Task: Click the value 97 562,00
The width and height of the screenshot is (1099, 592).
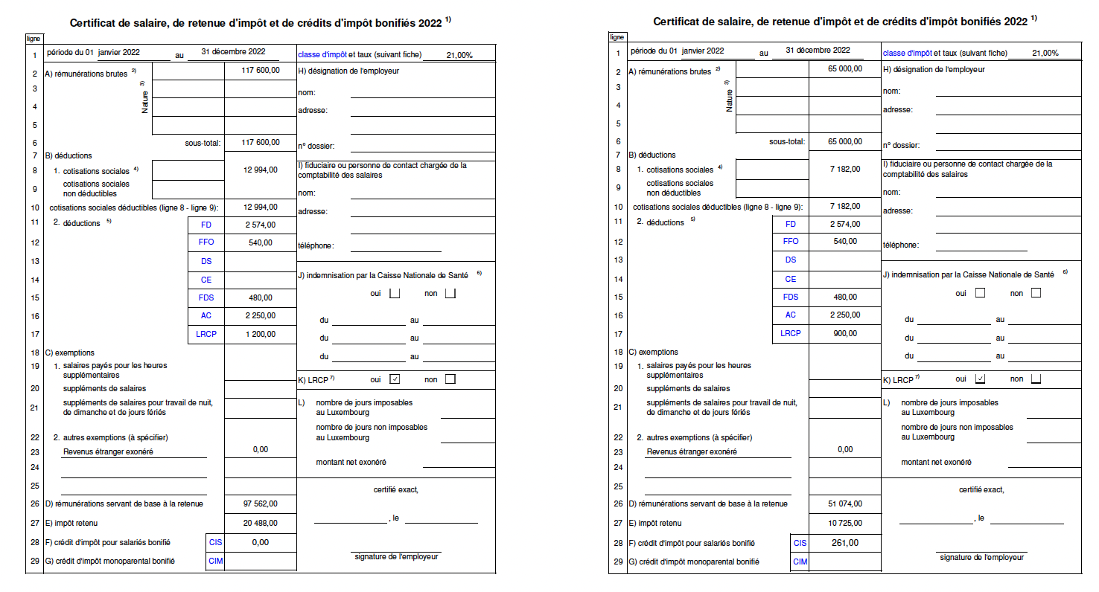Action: [x=260, y=503]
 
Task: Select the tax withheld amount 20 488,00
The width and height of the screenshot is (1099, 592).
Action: [x=260, y=523]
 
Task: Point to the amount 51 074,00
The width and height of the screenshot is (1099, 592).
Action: [x=844, y=503]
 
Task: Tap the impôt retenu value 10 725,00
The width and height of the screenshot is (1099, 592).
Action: [x=844, y=523]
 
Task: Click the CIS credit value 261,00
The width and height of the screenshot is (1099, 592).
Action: [x=844, y=543]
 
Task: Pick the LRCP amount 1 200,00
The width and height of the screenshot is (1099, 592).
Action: [x=260, y=335]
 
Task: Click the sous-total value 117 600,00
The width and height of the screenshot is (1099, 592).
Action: [x=261, y=142]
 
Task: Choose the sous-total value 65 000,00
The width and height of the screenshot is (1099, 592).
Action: [x=844, y=141]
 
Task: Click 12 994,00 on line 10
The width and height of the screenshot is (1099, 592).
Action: [x=260, y=207]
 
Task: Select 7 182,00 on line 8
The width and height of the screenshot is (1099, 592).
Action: [x=844, y=169]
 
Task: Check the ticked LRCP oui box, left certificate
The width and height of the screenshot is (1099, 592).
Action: [x=395, y=379]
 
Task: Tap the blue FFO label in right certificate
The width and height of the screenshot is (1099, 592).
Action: [x=791, y=241]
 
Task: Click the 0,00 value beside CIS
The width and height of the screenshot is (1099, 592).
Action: [x=260, y=542]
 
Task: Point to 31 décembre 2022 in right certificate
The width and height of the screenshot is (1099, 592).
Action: [x=818, y=50]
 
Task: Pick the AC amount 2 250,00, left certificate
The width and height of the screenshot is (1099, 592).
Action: [x=260, y=315]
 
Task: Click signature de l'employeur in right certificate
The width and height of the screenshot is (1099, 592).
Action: [x=981, y=557]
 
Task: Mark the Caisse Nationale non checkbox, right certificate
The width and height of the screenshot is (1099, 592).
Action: [x=1036, y=293]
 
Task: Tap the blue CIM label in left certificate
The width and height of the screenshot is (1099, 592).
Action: [x=216, y=562]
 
